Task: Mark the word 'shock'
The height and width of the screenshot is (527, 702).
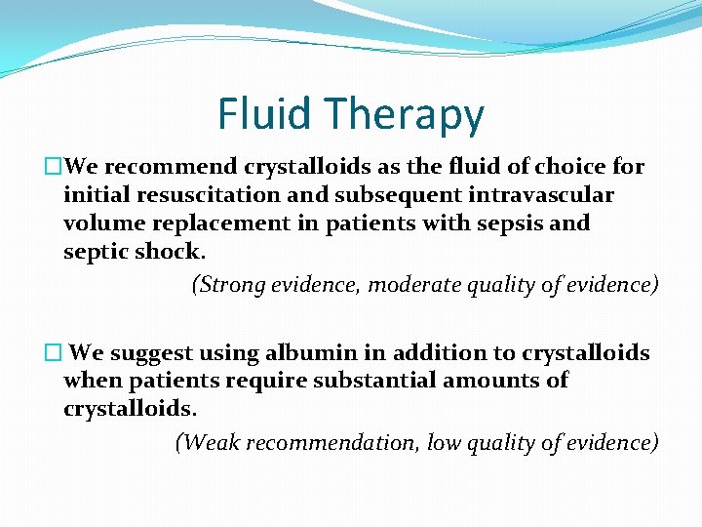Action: tap(169, 251)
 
